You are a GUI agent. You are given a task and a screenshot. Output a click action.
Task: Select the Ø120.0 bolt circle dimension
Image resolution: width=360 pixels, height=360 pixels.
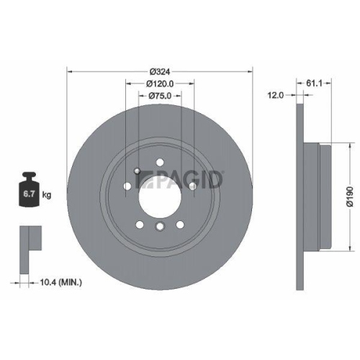tap(160, 84)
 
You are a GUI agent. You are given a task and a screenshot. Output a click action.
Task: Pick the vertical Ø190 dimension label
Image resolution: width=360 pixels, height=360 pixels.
tap(349, 196)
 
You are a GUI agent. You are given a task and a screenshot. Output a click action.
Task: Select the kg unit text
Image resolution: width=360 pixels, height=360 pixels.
tap(47, 194)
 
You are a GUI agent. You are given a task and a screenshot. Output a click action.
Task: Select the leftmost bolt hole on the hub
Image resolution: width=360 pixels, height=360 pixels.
tap(127, 186)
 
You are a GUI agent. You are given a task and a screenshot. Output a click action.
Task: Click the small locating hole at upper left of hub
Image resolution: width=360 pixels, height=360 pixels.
tap(136, 171)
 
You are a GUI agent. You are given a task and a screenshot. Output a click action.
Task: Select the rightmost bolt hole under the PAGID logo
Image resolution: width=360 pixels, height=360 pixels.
tap(192, 186)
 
